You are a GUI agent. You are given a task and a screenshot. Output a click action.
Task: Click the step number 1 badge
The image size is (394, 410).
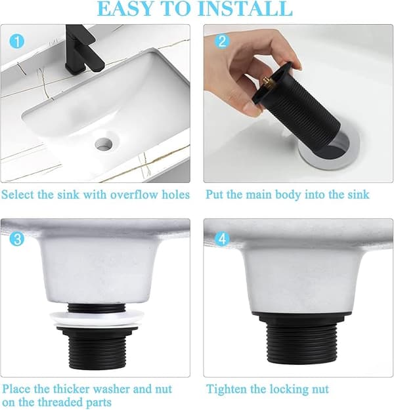(17, 41)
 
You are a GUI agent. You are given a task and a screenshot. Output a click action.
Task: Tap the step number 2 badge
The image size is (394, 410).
(222, 41)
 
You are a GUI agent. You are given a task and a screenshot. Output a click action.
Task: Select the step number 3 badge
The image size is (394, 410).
(17, 239)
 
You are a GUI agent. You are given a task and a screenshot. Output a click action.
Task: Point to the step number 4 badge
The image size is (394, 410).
(222, 239)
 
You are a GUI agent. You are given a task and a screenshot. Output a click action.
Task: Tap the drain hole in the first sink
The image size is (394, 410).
(104, 144)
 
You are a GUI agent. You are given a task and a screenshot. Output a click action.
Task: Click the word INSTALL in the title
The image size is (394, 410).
(246, 9)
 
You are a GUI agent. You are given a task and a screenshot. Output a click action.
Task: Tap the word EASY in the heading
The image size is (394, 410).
(125, 9)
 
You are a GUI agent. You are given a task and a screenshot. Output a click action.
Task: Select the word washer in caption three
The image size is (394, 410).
(111, 389)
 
